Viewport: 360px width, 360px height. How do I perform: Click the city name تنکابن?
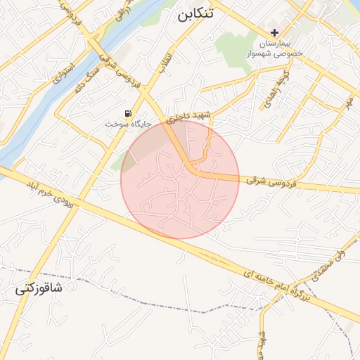[194, 15]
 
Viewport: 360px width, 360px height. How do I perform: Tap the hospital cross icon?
[274, 32]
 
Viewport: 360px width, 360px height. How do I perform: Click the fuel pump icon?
[127, 113]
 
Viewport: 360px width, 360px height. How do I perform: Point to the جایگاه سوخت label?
[128, 124]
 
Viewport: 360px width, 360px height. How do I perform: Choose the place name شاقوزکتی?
[39, 288]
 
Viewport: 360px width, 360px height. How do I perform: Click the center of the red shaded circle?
[180, 180]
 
